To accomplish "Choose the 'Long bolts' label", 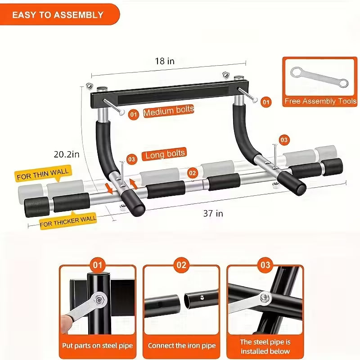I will pos(165,154).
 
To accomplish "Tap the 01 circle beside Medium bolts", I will pos(133,114).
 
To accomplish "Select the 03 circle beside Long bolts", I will pos(131,158).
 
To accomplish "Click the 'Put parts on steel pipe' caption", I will pos(97,346).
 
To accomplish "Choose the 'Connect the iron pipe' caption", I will pos(181,346).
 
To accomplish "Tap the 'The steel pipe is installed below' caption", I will pos(265,346).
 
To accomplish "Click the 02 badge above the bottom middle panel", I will pos(181,265).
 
